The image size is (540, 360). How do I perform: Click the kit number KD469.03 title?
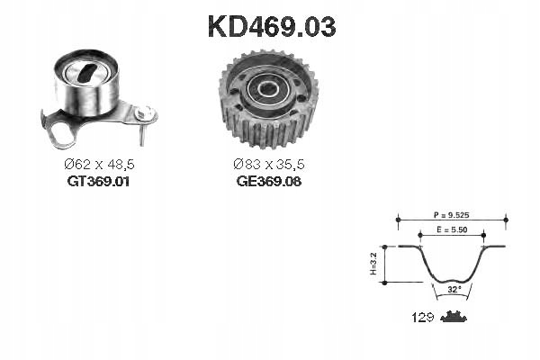coord(272,26)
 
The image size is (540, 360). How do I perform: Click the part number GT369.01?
coord(98,181)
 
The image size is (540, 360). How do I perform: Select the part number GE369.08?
coord(268,181)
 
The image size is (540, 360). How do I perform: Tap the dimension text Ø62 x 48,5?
coord(99,165)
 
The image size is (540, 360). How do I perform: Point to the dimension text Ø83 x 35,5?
coord(269,165)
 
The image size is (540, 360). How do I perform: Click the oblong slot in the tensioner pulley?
coord(86,73)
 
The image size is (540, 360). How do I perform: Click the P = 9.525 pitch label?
coord(451,215)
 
